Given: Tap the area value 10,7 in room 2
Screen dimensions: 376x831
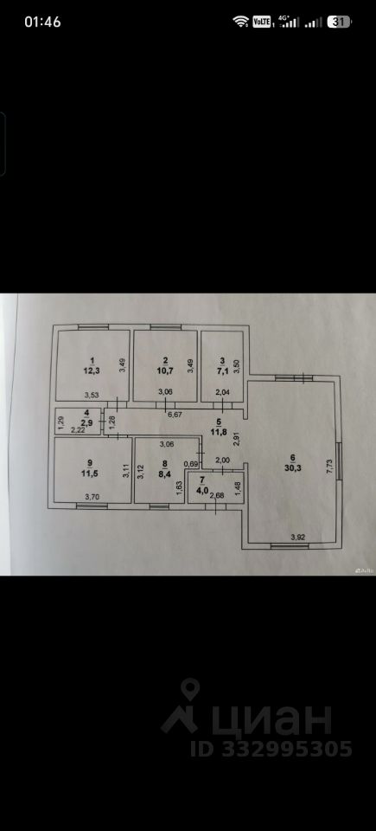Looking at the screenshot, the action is (165, 370).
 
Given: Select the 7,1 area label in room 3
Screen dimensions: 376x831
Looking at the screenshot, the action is (222, 370).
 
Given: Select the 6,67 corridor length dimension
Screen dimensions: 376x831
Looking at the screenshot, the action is (175, 415).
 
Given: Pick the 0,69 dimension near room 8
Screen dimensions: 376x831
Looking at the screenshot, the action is (190, 464).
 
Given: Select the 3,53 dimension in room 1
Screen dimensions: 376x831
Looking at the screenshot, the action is (93, 395).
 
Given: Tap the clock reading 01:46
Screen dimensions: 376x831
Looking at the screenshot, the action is (42, 22).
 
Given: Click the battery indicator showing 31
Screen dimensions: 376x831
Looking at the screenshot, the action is (340, 22).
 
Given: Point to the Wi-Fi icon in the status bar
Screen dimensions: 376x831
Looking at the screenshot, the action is (241, 22).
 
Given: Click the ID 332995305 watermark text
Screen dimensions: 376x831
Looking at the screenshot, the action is (271, 749).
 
